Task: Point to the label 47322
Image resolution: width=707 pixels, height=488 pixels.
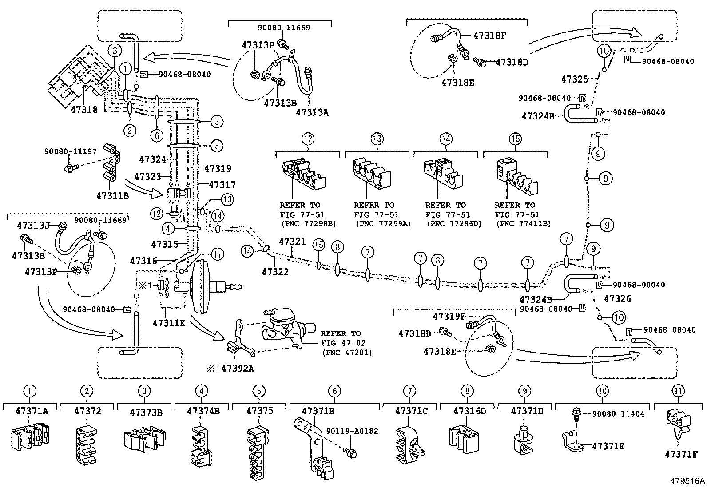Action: click(275, 271)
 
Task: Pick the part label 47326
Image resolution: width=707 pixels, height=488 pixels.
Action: click(617, 298)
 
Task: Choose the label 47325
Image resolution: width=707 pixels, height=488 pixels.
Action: click(574, 79)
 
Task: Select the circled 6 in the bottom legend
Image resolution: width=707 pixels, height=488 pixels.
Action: click(334, 391)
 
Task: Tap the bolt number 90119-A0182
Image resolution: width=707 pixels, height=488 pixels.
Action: click(352, 431)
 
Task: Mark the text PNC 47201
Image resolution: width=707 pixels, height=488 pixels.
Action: click(347, 353)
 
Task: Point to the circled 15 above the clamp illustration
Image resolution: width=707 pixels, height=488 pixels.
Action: click(515, 139)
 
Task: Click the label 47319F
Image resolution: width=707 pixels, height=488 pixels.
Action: click(449, 316)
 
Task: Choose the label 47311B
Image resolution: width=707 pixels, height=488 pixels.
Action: click(112, 194)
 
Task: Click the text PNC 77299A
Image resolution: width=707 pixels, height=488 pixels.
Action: click(383, 223)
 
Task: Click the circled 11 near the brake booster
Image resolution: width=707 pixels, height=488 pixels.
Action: click(217, 254)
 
